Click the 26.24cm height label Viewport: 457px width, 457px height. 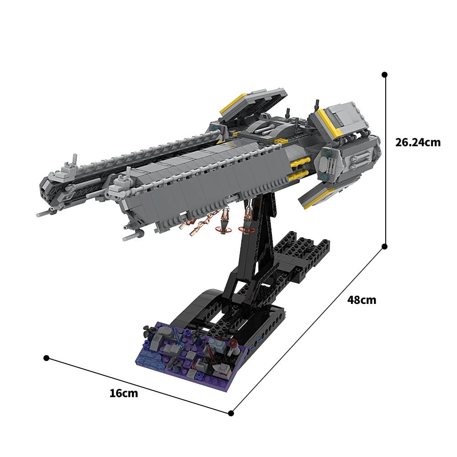pyautogui.click(x=418, y=142)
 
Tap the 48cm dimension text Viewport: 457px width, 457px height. pyautogui.click(x=361, y=300)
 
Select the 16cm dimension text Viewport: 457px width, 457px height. pyautogui.click(x=123, y=393)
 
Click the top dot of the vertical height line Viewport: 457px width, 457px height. pyautogui.click(x=385, y=74)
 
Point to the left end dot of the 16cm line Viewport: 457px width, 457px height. pyautogui.click(x=46, y=358)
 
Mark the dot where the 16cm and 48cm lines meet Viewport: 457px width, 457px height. pyautogui.click(x=231, y=414)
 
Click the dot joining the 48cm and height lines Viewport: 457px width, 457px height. pyautogui.click(x=385, y=246)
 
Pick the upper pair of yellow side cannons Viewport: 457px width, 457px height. pyautogui.click(x=300, y=162)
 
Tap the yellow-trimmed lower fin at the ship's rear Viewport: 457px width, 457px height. pyautogui.click(x=320, y=195)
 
